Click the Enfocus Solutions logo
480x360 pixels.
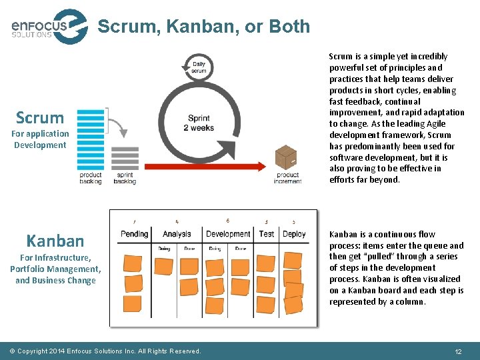[48, 27]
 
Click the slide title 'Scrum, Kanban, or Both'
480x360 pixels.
[203, 27]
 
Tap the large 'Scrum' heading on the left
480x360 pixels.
[40, 118]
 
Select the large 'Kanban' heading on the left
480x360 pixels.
[55, 240]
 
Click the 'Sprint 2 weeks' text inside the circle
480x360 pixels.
[199, 123]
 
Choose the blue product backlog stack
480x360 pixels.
[91, 140]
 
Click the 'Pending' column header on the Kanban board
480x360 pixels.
[135, 234]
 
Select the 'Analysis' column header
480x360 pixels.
[176, 234]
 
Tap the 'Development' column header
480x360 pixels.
[228, 234]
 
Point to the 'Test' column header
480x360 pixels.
[267, 234]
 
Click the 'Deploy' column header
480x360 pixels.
[293, 234]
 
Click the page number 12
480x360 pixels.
[458, 351]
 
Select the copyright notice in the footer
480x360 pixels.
[105, 351]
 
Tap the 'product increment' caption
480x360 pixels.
[288, 178]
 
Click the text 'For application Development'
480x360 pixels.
[40, 139]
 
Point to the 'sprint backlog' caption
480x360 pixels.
[125, 178]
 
